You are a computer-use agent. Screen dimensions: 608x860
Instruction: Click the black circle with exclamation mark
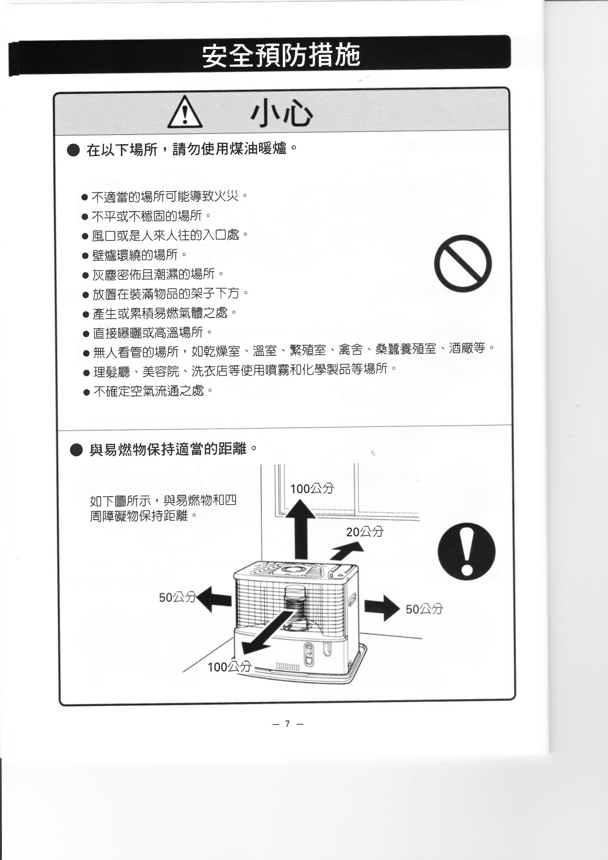pos(466,551)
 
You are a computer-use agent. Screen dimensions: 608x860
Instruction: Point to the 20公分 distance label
pos(365,531)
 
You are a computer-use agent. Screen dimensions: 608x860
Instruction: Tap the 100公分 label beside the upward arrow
pos(312,488)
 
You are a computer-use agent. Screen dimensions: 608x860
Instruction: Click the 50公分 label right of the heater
pos(424,609)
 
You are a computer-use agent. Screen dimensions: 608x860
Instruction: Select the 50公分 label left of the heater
pos(177,597)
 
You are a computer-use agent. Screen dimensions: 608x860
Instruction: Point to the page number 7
pos(287,723)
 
